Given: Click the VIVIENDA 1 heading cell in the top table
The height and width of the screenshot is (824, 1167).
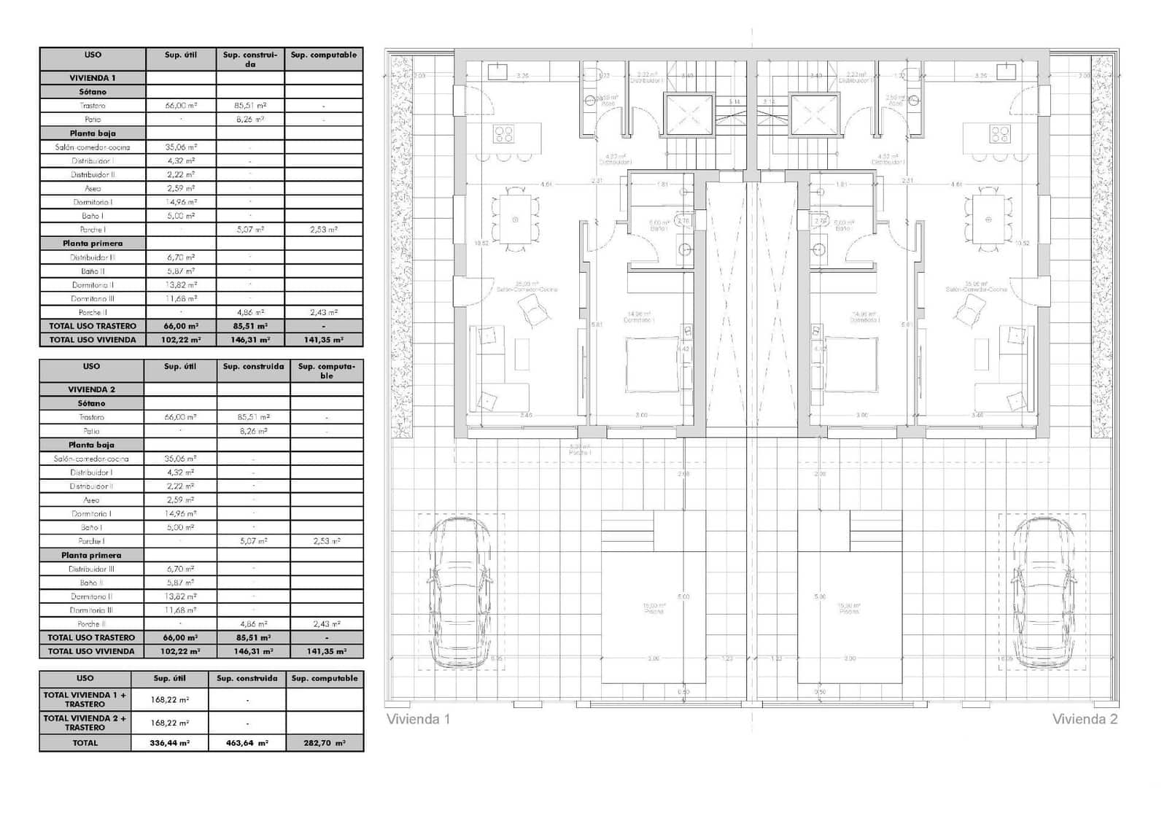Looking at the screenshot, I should pos(93,78).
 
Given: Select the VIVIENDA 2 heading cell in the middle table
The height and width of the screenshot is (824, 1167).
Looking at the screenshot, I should pos(91,389).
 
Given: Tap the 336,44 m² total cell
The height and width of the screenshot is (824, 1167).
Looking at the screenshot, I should pos(169,743).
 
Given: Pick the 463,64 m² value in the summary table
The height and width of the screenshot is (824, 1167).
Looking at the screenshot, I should pos(247,743).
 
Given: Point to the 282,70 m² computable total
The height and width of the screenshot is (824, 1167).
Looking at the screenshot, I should pos(325,743).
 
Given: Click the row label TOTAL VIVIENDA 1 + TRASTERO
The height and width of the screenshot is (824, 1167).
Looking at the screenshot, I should pos(85,700).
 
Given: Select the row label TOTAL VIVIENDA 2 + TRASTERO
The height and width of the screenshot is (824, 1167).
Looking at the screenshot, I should pos(85,723).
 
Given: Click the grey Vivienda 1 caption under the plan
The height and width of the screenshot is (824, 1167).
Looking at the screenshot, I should pos(418,719).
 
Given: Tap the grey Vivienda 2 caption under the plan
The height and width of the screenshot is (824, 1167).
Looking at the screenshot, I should pos(1085,719).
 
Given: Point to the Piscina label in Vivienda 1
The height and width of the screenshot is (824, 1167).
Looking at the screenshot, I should pos(654,611).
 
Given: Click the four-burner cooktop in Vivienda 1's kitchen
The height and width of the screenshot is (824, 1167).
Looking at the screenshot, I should pos(504,134).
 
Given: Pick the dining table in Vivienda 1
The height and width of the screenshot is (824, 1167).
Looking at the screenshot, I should pos(515,219).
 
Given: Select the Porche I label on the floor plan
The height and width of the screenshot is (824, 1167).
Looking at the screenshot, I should pos(580,453).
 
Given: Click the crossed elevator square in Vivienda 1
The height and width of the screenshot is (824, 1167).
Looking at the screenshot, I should pos(689,115).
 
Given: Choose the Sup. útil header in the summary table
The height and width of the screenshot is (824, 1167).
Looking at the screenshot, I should pos(169,678).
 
